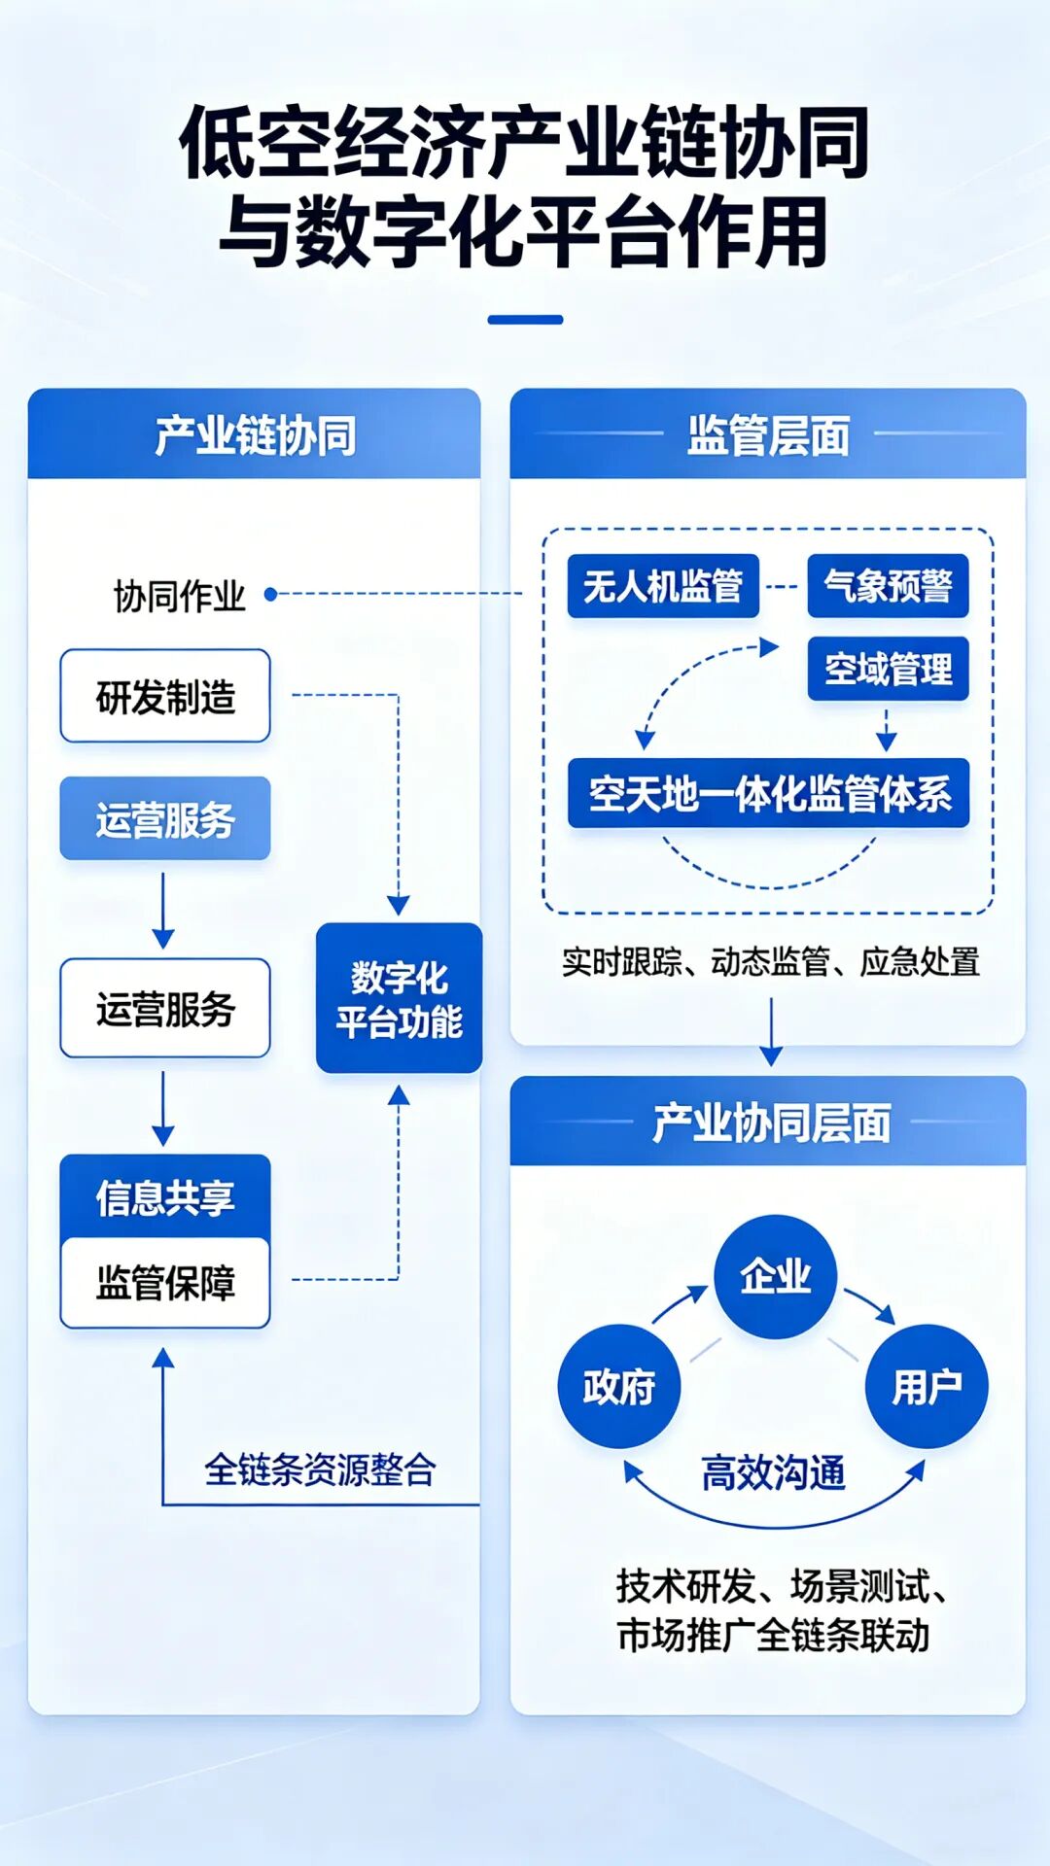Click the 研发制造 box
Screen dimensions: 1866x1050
(165, 696)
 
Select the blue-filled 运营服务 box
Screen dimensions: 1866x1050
(165, 818)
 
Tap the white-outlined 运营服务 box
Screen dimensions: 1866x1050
(165, 1008)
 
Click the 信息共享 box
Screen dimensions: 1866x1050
(165, 1196)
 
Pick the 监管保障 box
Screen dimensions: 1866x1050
(165, 1282)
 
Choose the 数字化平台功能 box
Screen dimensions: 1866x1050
(399, 998)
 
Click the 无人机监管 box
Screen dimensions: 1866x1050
(663, 586)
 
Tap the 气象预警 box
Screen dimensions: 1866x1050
(888, 586)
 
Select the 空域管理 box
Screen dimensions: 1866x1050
(888, 669)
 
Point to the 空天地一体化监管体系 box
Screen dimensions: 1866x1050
(768, 793)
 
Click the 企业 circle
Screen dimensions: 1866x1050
(775, 1276)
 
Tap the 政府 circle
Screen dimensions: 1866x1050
(619, 1386)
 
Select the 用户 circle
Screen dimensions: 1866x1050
(927, 1386)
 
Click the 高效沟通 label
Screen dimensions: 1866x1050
(773, 1472)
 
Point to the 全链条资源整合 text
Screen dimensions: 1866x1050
(320, 1469)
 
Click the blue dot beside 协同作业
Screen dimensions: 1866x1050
(270, 594)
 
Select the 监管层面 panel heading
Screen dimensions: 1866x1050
(768, 434)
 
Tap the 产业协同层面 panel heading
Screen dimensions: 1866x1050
(771, 1123)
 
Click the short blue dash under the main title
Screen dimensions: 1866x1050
(525, 319)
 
